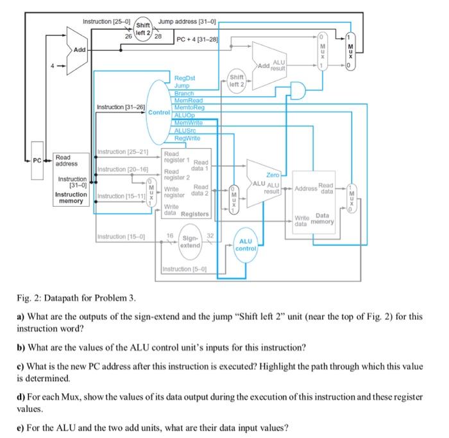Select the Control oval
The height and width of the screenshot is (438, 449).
[158, 112]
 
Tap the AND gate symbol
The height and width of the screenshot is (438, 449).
[299, 91]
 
